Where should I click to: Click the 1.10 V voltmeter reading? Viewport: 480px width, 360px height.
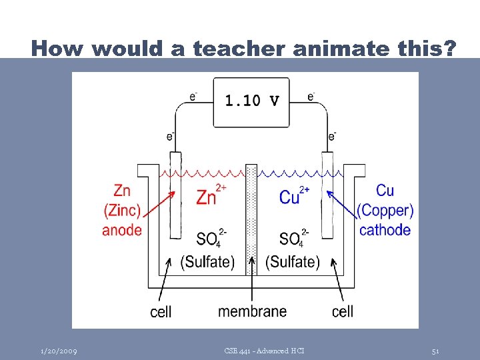point(251,101)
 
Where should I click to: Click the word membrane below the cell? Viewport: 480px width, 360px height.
point(252,311)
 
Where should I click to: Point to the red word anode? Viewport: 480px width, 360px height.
point(122,230)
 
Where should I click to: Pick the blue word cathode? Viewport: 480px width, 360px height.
point(385,230)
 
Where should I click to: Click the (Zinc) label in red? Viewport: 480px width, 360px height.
point(122,211)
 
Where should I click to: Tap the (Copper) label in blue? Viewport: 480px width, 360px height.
point(385,211)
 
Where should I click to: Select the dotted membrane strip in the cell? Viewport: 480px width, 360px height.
point(251,220)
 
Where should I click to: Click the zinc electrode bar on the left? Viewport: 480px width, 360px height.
point(175,197)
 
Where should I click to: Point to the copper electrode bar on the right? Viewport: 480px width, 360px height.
point(328,197)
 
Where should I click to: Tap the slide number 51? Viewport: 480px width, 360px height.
point(435,351)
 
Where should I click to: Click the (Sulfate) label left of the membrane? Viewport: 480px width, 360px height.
point(207,262)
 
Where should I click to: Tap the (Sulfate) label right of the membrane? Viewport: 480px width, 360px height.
point(293,262)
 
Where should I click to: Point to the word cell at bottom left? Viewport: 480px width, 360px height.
point(161,312)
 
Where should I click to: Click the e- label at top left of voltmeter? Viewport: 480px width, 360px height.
point(193,97)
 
